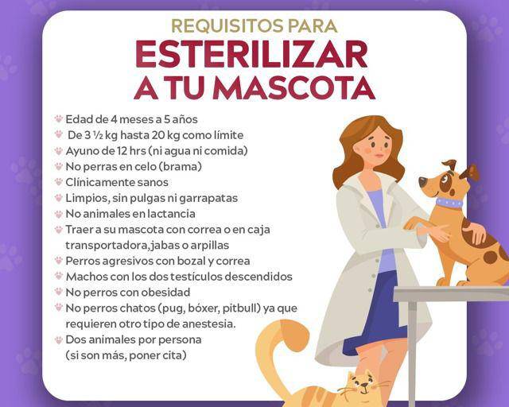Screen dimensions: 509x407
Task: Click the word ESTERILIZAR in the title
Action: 251,54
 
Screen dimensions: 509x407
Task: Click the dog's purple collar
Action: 449,203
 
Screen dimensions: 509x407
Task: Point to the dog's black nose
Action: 422,182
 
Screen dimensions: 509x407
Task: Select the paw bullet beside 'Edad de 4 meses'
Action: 59,118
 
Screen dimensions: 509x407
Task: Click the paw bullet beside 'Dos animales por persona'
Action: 59,339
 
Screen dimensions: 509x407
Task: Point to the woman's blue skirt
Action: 380,312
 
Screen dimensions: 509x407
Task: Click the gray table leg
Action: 412,354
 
